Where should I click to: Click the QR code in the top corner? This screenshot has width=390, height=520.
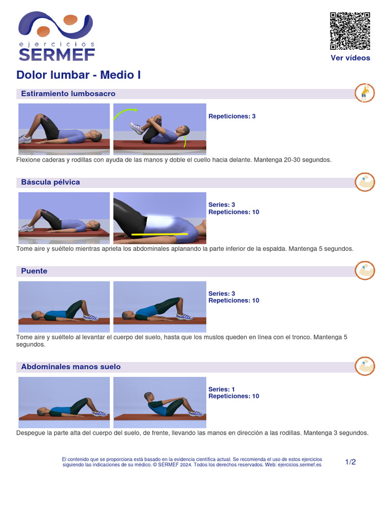tap(350, 30)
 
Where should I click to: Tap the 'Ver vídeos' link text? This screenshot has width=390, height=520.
tap(350, 58)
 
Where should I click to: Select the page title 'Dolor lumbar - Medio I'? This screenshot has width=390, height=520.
tap(79, 75)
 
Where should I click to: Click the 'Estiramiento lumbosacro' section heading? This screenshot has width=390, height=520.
tap(68, 94)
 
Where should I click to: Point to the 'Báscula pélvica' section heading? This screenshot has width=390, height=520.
tap(50, 182)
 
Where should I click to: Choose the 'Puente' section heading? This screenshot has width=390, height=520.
tap(34, 271)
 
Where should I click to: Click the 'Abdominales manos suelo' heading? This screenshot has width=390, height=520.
tap(71, 367)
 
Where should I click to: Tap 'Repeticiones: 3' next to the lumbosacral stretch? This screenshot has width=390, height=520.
tap(232, 116)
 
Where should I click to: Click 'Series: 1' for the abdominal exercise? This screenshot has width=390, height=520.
tap(221, 389)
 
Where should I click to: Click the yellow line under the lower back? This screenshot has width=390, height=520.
tap(159, 235)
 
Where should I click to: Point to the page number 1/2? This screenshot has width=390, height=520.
tap(350, 462)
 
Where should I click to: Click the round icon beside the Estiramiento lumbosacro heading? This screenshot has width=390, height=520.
tap(364, 93)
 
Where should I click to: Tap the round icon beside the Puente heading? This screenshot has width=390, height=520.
tap(364, 270)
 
